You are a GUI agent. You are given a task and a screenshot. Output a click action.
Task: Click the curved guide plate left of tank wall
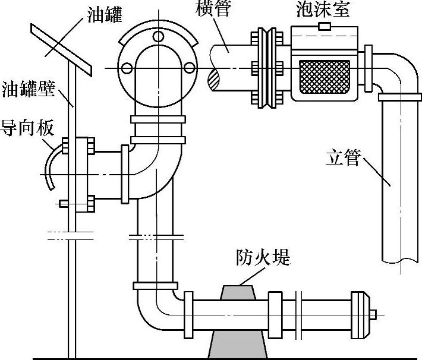point(55,166)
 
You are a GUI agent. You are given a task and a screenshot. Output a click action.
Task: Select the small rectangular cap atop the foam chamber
point(325,26)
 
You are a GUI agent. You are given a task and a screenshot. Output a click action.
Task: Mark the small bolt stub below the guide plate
point(64,204)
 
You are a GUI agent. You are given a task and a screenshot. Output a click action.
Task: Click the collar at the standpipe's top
point(399,96)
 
